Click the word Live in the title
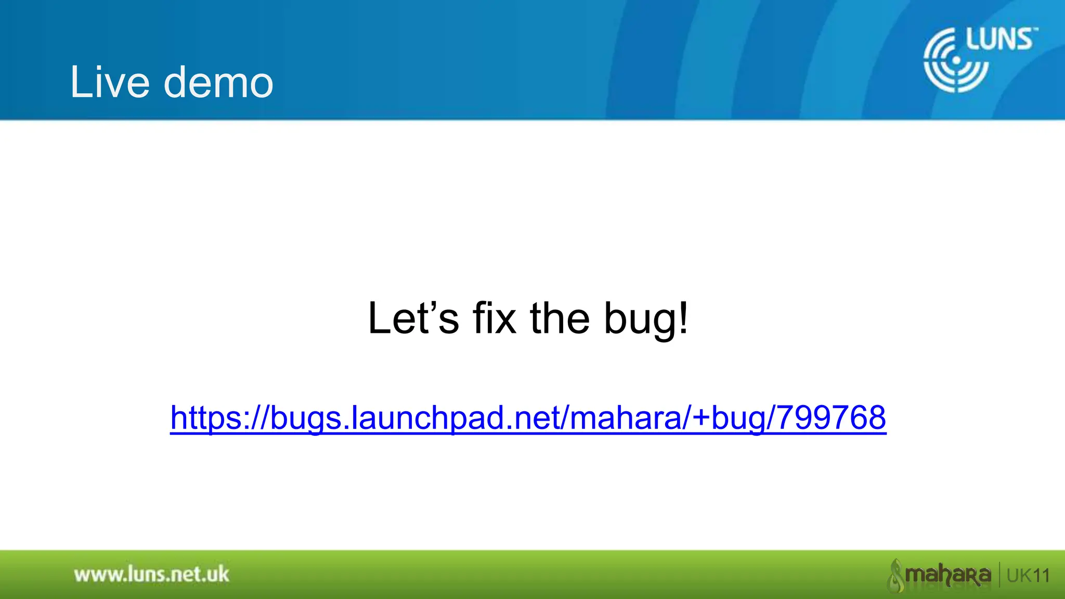110,82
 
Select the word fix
494,318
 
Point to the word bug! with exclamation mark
646,319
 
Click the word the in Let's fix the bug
560,318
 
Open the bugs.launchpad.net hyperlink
528,418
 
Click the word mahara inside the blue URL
629,418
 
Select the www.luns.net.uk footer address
151,575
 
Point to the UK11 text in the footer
1028,576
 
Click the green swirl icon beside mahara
895,575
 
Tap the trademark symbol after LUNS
1035,30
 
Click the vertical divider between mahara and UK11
999,575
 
